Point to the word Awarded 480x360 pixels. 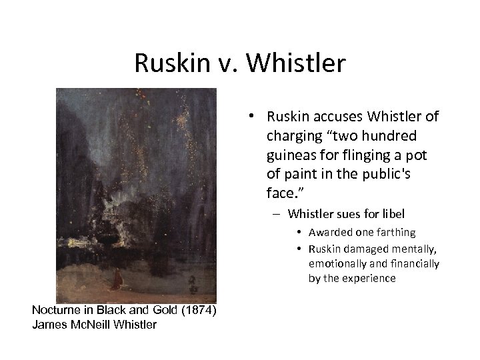[x=328, y=233]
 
